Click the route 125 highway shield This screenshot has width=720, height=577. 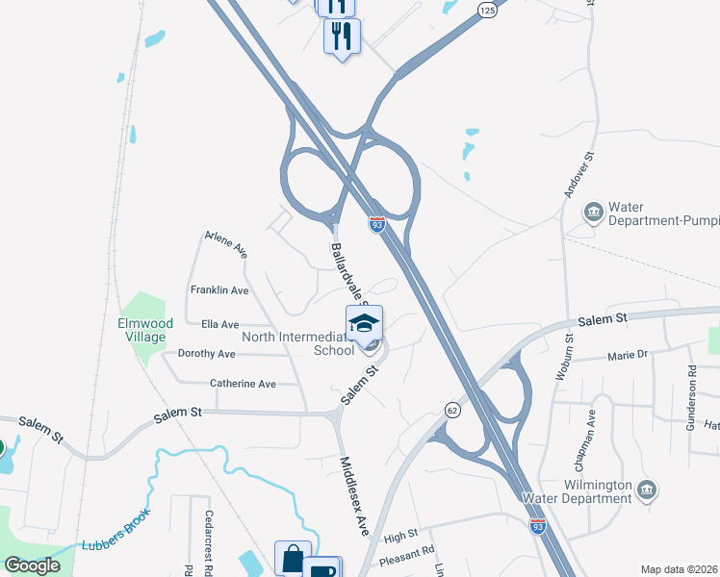click(x=488, y=9)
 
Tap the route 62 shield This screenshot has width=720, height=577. click(x=452, y=411)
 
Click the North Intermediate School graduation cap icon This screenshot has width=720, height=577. click(x=364, y=323)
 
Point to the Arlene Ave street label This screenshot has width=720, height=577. click(x=226, y=245)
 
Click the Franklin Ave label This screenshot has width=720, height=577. click(x=219, y=289)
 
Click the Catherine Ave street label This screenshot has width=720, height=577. click(x=243, y=384)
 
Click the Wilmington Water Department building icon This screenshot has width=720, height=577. click(x=648, y=492)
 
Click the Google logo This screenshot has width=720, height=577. click(x=32, y=565)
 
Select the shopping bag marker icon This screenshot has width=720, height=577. click(x=293, y=559)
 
